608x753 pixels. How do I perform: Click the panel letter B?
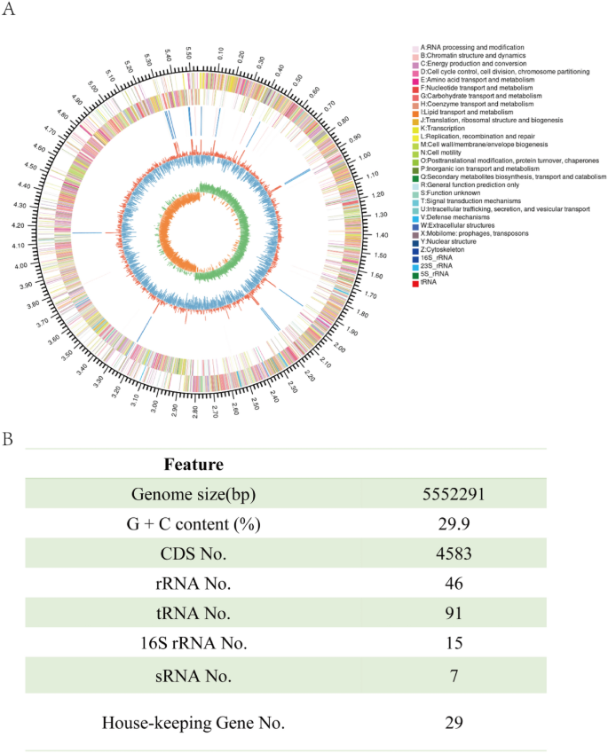pyautogui.click(x=8, y=439)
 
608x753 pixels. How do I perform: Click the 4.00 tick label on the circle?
pyautogui.click(x=20, y=266)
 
